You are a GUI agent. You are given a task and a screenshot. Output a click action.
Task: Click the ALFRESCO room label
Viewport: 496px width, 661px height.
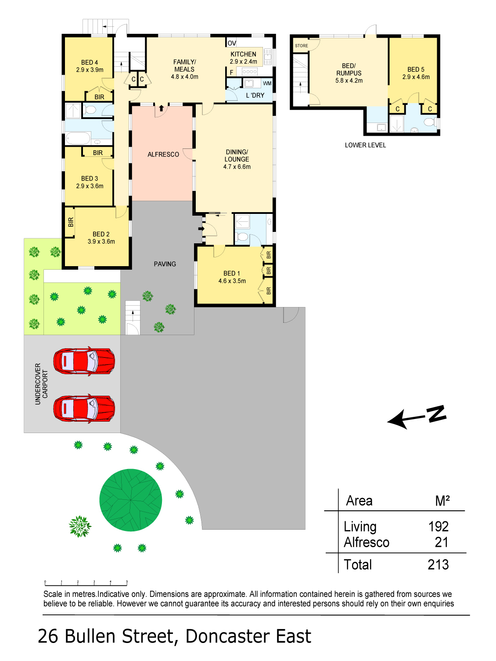163,155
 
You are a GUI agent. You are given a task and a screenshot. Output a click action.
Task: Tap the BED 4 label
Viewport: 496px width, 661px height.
90,63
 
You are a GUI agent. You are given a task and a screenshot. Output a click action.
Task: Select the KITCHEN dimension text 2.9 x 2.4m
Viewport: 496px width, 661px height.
243,62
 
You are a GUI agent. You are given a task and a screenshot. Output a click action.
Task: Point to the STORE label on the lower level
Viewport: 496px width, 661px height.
301,46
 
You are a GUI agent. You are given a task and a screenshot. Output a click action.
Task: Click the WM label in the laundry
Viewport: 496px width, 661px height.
267,83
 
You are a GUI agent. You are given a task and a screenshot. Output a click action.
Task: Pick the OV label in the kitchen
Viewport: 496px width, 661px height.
232,43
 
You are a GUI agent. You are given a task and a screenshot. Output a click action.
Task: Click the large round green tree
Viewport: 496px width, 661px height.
131,500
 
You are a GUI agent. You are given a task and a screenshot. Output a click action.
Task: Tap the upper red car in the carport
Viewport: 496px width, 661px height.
84,361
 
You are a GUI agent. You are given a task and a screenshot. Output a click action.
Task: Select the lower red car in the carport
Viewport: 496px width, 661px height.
84,409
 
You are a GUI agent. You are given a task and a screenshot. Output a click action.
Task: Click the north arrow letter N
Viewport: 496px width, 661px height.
436,414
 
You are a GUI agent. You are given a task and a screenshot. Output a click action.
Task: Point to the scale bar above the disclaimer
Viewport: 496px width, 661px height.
86,583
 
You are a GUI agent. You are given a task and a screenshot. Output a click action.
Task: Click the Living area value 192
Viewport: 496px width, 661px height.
438,527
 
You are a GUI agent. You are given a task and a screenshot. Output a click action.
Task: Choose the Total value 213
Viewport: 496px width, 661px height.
438,565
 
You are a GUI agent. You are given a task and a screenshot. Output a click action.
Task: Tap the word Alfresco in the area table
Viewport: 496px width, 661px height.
367,542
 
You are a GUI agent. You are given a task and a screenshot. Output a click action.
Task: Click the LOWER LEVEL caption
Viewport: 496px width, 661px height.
365,145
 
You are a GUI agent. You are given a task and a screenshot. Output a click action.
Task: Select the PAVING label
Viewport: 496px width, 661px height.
165,264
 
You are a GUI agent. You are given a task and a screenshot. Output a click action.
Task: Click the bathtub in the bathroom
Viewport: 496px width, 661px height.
78,138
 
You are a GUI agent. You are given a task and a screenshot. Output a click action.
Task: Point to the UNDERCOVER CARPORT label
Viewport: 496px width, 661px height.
41,384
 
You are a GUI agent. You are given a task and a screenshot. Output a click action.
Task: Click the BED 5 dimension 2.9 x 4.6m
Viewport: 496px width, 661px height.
416,77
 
